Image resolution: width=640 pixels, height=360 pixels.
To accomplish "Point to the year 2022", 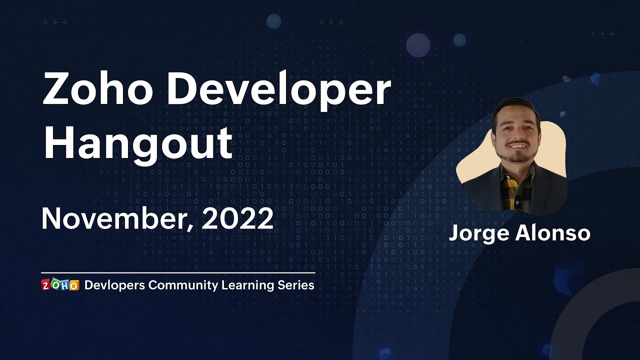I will coord(237,218).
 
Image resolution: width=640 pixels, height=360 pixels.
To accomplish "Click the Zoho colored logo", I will coord(60,285).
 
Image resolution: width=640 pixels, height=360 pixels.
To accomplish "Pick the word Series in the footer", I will coord(296,285).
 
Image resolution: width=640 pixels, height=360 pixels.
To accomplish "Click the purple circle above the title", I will coord(418,45).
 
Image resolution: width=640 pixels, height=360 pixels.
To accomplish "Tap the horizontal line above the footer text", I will coord(178,273).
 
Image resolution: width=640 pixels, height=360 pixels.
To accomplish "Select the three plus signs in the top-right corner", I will coord(602,33).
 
